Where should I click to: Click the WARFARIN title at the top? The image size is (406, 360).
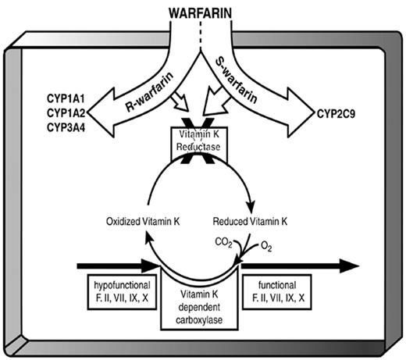(202, 12)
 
